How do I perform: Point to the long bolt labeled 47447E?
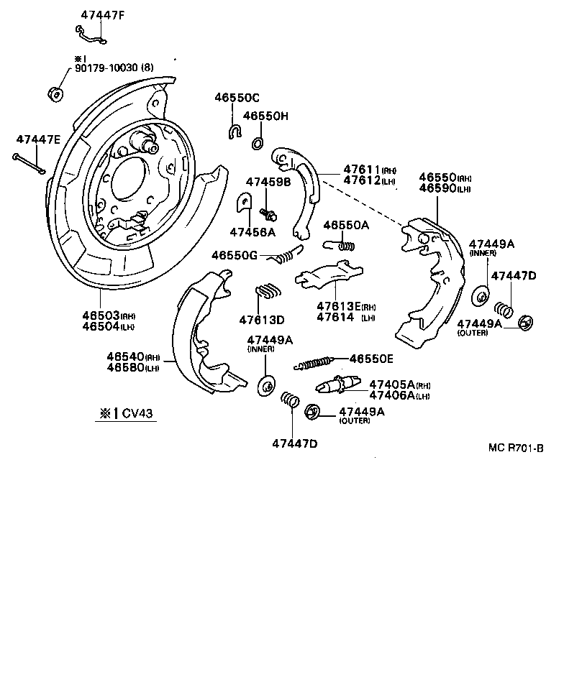[x=29, y=163]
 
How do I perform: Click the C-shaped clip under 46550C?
[x=235, y=130]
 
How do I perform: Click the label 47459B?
[x=268, y=182]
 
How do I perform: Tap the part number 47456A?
[x=253, y=231]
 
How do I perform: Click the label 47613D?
[x=262, y=319]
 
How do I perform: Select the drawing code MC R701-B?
[x=515, y=447]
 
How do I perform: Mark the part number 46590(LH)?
[x=445, y=188]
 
